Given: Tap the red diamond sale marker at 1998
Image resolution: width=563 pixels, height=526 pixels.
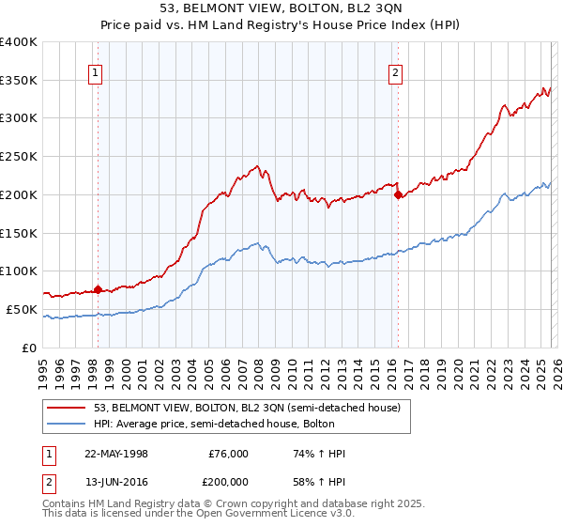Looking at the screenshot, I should pos(99,289).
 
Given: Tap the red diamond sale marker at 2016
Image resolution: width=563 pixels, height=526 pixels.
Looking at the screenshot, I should pos(398,195).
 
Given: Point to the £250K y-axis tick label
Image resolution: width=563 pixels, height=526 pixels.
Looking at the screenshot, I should pos(19,157).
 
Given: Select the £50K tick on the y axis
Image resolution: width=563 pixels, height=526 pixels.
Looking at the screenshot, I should pos(22,309).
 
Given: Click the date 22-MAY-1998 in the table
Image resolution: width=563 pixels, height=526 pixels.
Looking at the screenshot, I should pos(116,454).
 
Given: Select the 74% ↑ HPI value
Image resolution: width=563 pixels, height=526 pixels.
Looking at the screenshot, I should pos(320,454).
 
